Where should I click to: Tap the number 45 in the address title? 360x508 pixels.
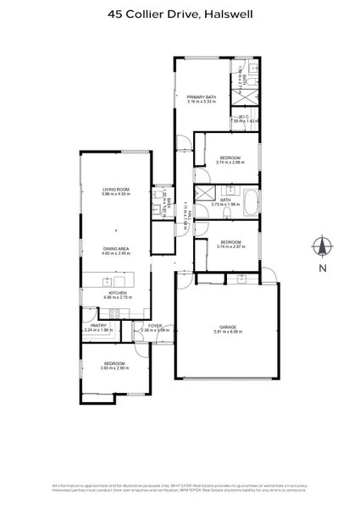pos(115,14)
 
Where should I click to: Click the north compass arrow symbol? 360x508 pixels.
pos(321,247)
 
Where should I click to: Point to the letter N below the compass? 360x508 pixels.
pos(321,268)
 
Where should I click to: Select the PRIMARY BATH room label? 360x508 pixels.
pos(202,97)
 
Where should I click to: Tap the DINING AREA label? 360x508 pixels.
pos(115,248)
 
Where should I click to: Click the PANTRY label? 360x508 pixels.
pos(97,325)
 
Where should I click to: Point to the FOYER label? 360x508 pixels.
pos(155,325)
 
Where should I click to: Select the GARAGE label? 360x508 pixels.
pos(226,326)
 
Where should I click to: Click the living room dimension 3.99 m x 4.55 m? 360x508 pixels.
pos(115,194)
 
